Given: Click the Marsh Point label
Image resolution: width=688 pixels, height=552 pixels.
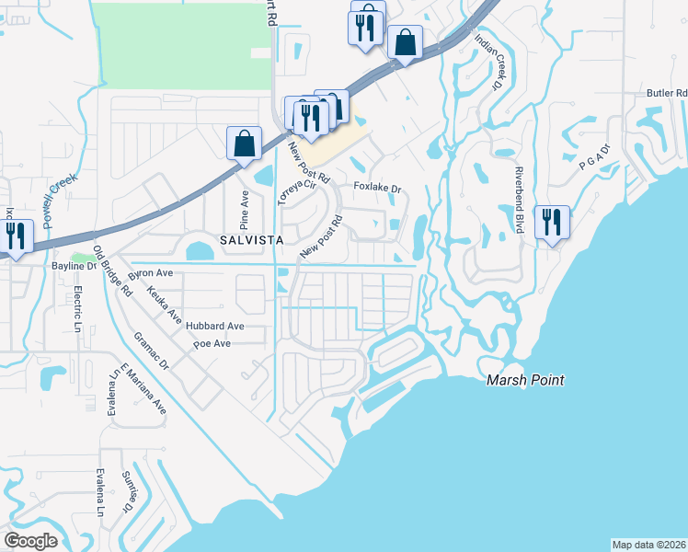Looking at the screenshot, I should [x=525, y=380].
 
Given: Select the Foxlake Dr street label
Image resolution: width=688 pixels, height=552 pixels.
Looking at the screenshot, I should [x=379, y=189].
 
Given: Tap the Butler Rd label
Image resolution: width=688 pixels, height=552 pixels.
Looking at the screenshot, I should [x=667, y=93].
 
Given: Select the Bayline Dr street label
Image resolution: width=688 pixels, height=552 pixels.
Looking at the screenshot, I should [x=74, y=266].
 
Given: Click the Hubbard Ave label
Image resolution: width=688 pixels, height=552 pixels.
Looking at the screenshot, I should [x=214, y=326].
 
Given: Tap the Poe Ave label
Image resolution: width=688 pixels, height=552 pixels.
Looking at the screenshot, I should [x=212, y=344].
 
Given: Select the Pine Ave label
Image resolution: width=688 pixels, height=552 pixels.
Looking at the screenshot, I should [x=245, y=210].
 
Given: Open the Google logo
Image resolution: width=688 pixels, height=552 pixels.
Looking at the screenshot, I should [x=31, y=540].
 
